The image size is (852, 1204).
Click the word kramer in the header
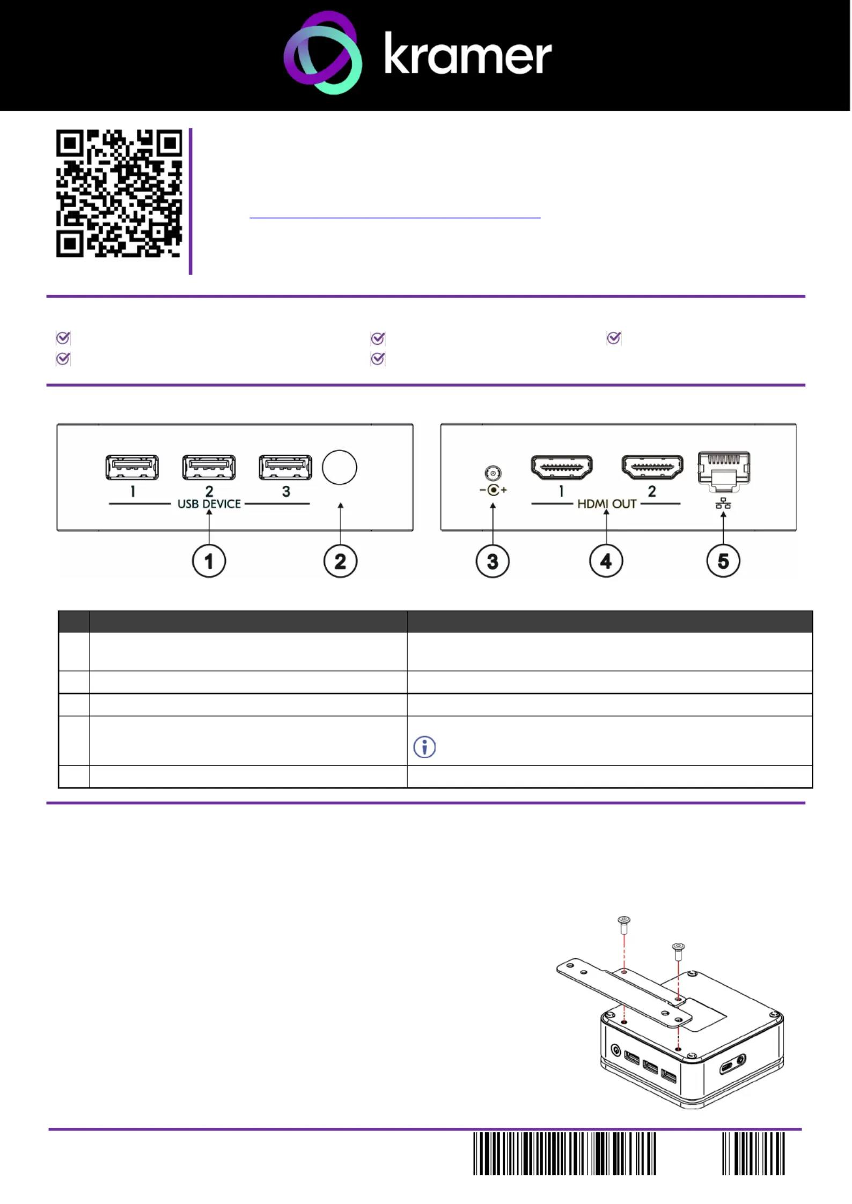pos(468,53)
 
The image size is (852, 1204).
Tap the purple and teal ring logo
pos(322,53)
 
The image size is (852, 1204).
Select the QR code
pos(119,193)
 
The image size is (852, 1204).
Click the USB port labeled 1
pos(132,467)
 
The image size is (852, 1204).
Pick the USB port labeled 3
pos(285,467)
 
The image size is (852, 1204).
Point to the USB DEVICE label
pos(209,504)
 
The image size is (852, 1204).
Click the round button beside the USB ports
pos(340,467)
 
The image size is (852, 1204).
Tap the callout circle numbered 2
pos(340,562)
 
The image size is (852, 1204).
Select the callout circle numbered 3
pos(493,562)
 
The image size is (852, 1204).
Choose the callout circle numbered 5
pos(723,562)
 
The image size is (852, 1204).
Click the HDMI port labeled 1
pos(562,467)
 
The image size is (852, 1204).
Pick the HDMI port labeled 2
pos(652,467)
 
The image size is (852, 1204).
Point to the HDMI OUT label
pos(607,504)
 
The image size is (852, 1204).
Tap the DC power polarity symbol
pos(493,490)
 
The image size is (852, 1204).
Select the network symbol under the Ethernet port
pos(723,503)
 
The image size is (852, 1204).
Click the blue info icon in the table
pos(424,747)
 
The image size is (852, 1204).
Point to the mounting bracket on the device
pos(625,993)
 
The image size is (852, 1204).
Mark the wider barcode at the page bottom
pos(564,1153)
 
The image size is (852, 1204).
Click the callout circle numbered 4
pos(606,562)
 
